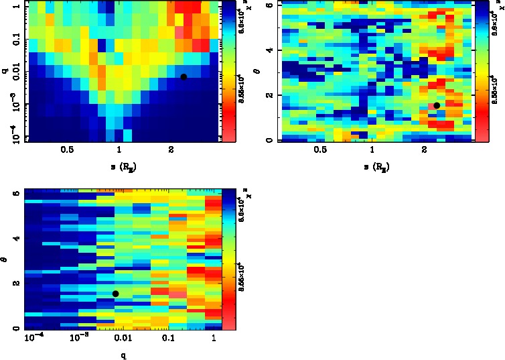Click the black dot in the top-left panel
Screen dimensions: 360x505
click(x=184, y=77)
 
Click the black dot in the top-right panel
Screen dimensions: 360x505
click(x=437, y=105)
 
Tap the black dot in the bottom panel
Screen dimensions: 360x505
click(x=116, y=294)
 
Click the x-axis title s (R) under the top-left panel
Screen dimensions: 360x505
click(x=121, y=164)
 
